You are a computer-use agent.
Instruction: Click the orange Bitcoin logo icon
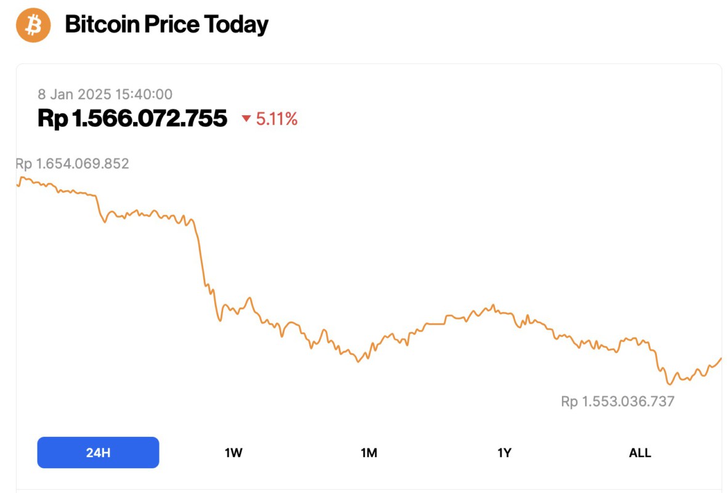point(33,25)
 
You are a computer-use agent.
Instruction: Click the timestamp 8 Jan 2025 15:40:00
point(105,94)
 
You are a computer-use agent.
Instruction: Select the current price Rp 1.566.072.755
point(132,118)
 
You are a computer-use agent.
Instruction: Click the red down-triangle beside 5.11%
point(246,119)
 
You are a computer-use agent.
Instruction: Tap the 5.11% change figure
point(277,119)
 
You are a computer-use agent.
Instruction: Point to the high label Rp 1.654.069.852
point(72,163)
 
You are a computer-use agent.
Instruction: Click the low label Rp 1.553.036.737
point(617,402)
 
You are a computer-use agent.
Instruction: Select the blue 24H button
point(98,453)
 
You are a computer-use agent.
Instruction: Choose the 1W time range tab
point(234,453)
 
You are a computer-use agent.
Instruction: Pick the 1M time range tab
point(369,453)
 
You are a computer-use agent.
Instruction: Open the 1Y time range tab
point(504,453)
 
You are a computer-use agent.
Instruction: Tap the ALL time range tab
point(640,453)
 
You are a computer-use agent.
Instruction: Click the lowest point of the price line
point(669,384)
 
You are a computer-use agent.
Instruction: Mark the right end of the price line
point(721,358)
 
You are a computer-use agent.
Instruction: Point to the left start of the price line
point(17,184)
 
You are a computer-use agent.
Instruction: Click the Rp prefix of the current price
point(52,118)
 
